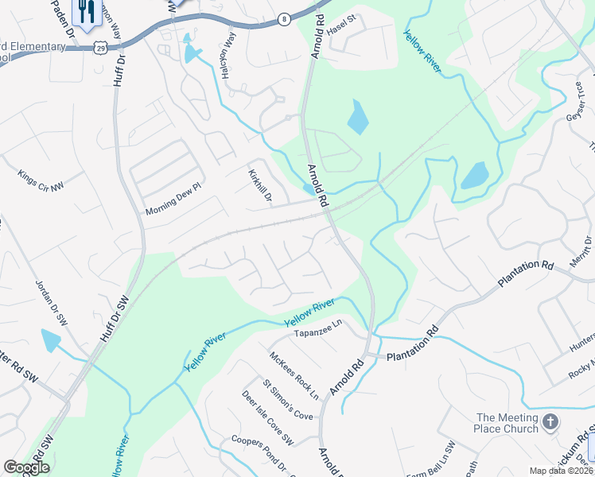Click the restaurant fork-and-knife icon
[x=85, y=11]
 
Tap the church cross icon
[x=550, y=422]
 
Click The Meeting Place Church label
[x=507, y=423]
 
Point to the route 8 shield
[x=283, y=17]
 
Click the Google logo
[x=26, y=467]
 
